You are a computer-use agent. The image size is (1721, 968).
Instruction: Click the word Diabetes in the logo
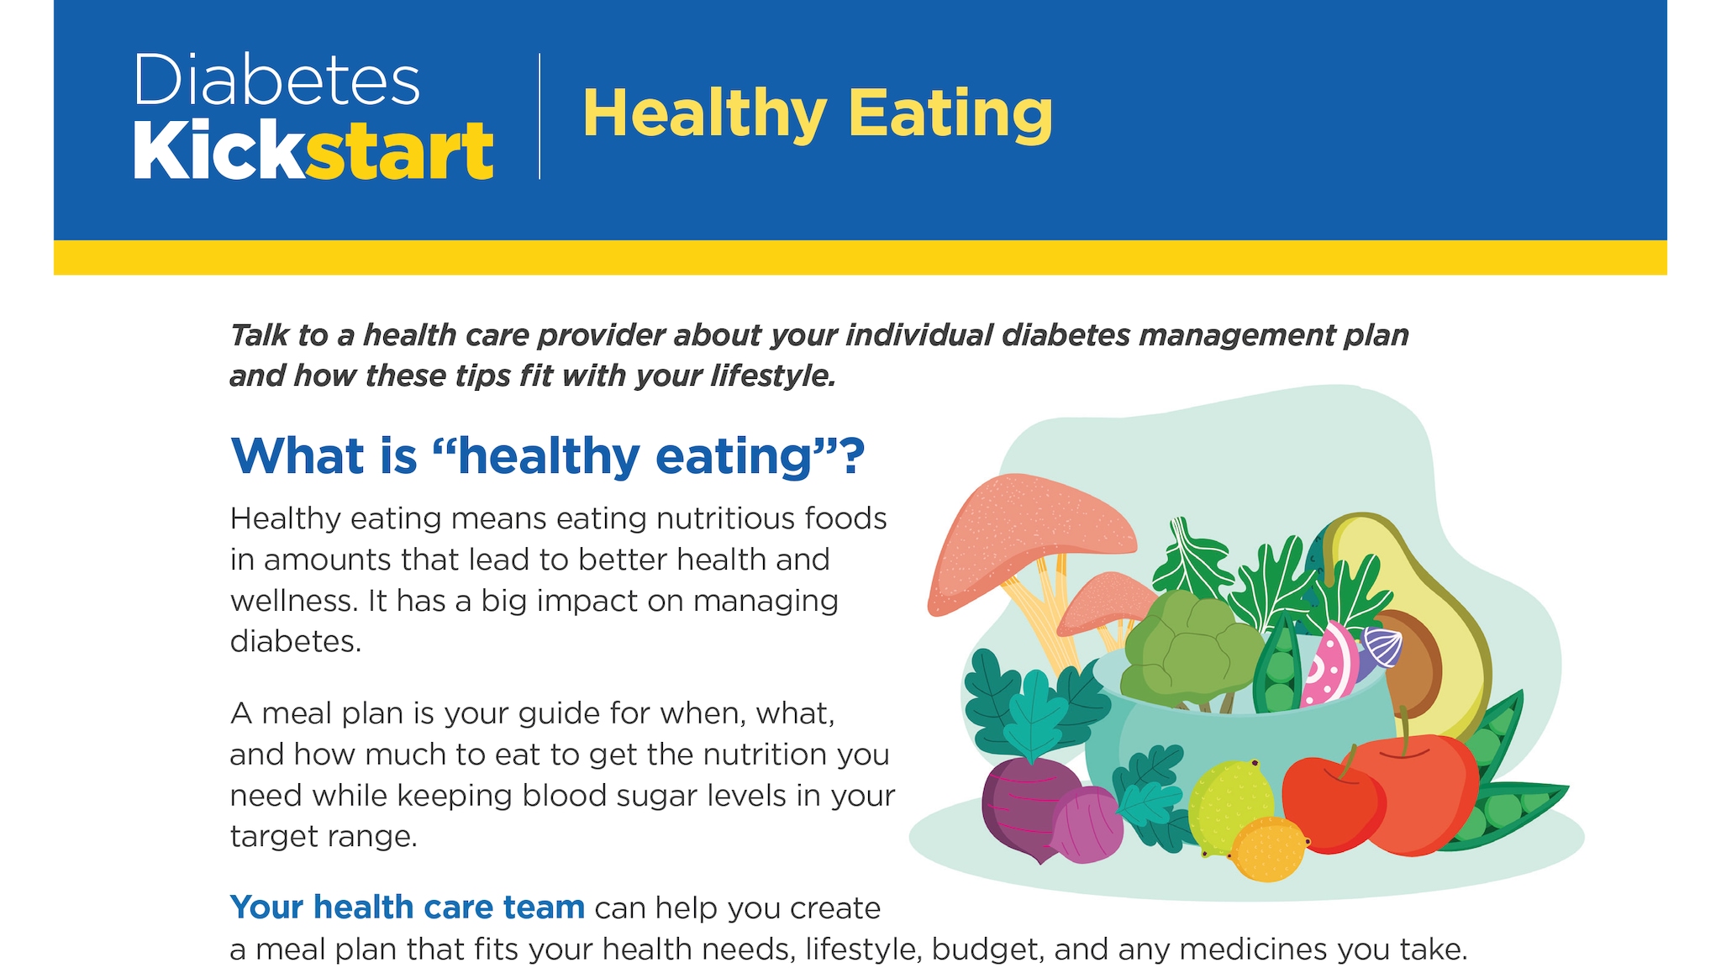coord(276,80)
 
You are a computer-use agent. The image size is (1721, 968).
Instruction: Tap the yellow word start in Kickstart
coord(399,151)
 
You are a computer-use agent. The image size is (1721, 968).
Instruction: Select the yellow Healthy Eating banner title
coord(817,113)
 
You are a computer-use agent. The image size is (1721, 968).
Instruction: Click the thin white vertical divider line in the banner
coord(539,116)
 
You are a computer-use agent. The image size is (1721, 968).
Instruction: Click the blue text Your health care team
coord(408,907)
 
